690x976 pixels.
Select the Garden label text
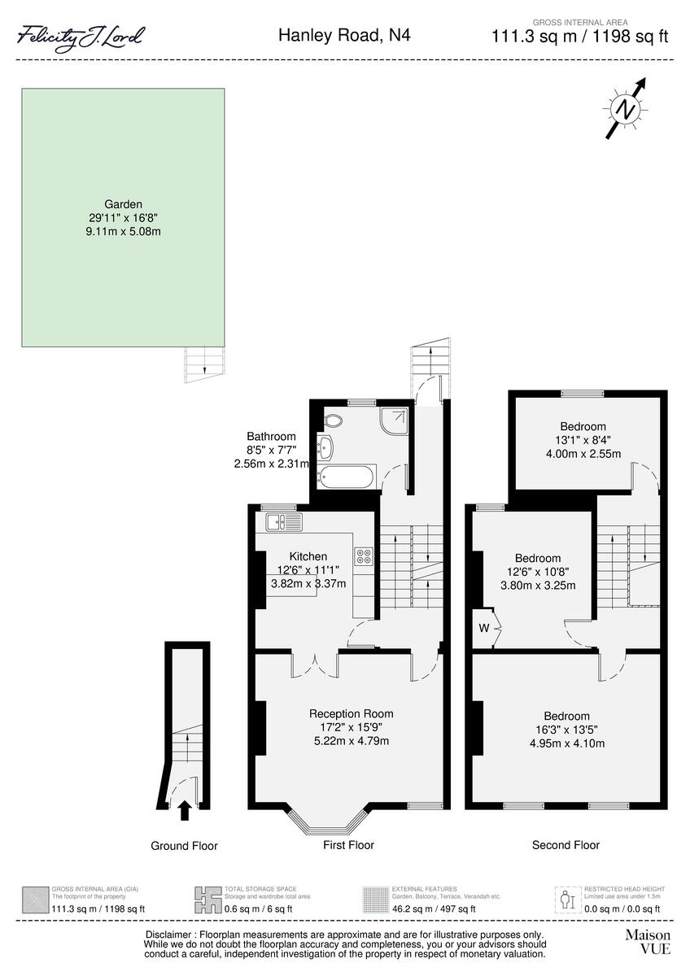pos(123,204)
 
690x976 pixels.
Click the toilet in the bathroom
pos(332,420)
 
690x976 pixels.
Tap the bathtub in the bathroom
pos(345,477)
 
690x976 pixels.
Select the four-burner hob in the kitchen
pos(363,557)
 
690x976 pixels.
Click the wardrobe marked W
pos(485,627)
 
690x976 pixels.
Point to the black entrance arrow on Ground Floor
pos(184,809)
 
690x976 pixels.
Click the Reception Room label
pos(351,714)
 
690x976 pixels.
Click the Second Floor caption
pos(566,845)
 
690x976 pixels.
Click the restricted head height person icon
pos(567,899)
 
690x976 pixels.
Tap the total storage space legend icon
pos(209,899)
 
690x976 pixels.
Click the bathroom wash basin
pos(326,446)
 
